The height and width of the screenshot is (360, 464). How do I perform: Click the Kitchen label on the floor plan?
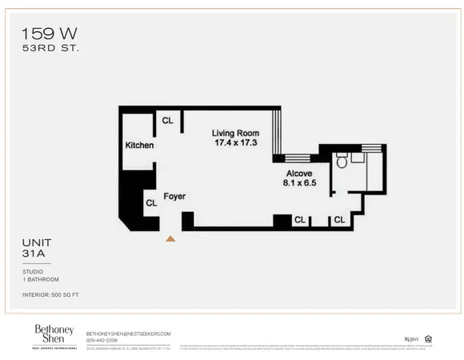139,146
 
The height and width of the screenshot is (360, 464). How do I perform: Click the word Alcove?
299,173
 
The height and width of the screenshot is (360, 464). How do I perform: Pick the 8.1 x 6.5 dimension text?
299,182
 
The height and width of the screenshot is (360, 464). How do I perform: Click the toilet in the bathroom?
342,162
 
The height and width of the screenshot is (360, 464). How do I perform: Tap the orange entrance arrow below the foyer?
170,238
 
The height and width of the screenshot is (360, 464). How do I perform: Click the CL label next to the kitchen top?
167,121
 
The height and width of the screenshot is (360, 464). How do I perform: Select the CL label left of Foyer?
150,203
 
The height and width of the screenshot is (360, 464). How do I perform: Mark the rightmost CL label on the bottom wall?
339,219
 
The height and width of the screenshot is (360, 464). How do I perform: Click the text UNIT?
35,244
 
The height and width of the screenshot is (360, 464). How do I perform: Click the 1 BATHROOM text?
41,279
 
